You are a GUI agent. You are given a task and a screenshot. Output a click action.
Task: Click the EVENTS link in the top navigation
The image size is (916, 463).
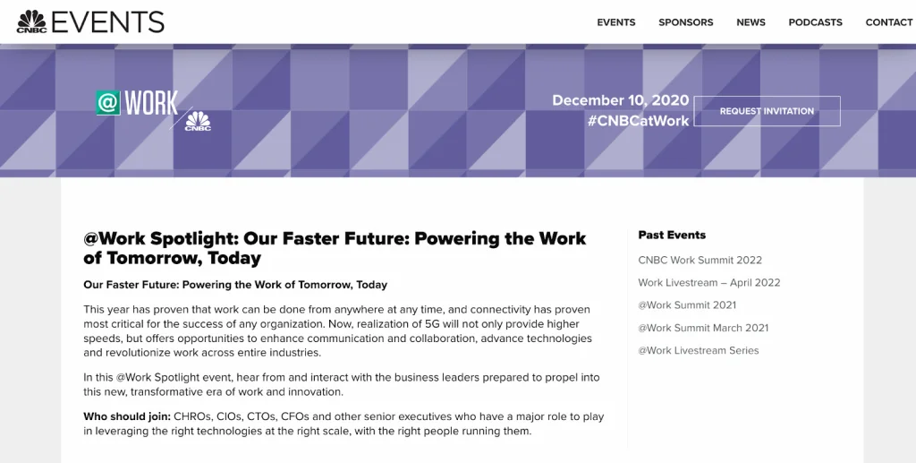coord(615,22)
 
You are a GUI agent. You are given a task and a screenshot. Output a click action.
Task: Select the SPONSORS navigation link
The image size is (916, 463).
coord(686,22)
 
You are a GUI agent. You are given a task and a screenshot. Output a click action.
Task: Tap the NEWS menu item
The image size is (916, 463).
coord(751,22)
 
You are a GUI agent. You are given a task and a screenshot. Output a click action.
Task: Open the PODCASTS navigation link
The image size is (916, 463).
coord(816,22)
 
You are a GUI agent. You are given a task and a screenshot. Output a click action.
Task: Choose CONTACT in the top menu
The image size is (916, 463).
coord(889,22)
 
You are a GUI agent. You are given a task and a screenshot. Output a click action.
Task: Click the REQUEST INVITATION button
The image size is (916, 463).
coord(767,111)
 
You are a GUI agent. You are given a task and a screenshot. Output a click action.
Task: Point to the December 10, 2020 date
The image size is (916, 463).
coord(621,100)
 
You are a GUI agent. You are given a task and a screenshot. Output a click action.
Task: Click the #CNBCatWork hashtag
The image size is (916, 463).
coord(639,121)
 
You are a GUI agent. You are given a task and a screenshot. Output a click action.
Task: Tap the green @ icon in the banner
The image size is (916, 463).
coord(108,103)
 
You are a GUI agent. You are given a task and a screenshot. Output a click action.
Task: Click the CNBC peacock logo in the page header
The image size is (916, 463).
coord(31,21)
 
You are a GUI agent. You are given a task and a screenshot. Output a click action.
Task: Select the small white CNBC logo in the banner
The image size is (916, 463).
coord(198,121)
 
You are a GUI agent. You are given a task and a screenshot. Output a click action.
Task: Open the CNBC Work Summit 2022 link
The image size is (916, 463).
coord(700,260)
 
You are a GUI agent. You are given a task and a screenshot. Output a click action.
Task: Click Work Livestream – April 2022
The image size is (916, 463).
coord(709,282)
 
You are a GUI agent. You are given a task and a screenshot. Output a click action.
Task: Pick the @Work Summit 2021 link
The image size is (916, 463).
coord(687,305)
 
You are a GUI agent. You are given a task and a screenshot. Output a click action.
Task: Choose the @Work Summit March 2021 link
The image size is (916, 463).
coord(703,328)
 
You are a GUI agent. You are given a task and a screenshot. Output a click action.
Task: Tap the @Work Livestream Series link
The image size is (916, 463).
coord(699,351)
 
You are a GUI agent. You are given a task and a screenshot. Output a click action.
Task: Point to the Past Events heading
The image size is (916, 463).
coord(672,235)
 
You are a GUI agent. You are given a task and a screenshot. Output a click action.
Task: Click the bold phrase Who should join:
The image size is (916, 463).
coord(127,416)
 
